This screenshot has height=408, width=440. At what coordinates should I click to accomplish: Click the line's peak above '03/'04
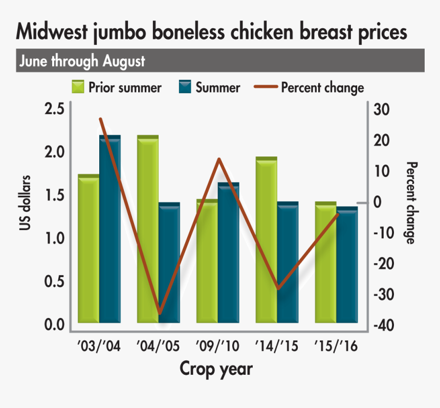coord(101,119)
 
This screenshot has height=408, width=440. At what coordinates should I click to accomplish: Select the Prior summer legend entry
coord(117,87)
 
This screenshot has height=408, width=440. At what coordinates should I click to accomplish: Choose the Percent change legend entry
coord(310,87)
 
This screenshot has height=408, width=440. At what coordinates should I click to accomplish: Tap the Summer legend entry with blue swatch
coord(209,87)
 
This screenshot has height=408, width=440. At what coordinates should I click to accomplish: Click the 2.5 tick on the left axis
coord(54,109)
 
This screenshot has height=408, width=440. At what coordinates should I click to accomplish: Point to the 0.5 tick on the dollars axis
coord(54,282)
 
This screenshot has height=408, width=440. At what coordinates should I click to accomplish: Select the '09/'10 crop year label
coord(217,347)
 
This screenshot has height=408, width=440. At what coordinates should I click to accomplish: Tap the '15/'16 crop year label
coord(335,347)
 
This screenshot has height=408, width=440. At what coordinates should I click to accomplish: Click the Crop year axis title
coord(216,369)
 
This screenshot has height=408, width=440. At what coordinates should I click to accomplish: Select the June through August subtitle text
coord(82,61)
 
